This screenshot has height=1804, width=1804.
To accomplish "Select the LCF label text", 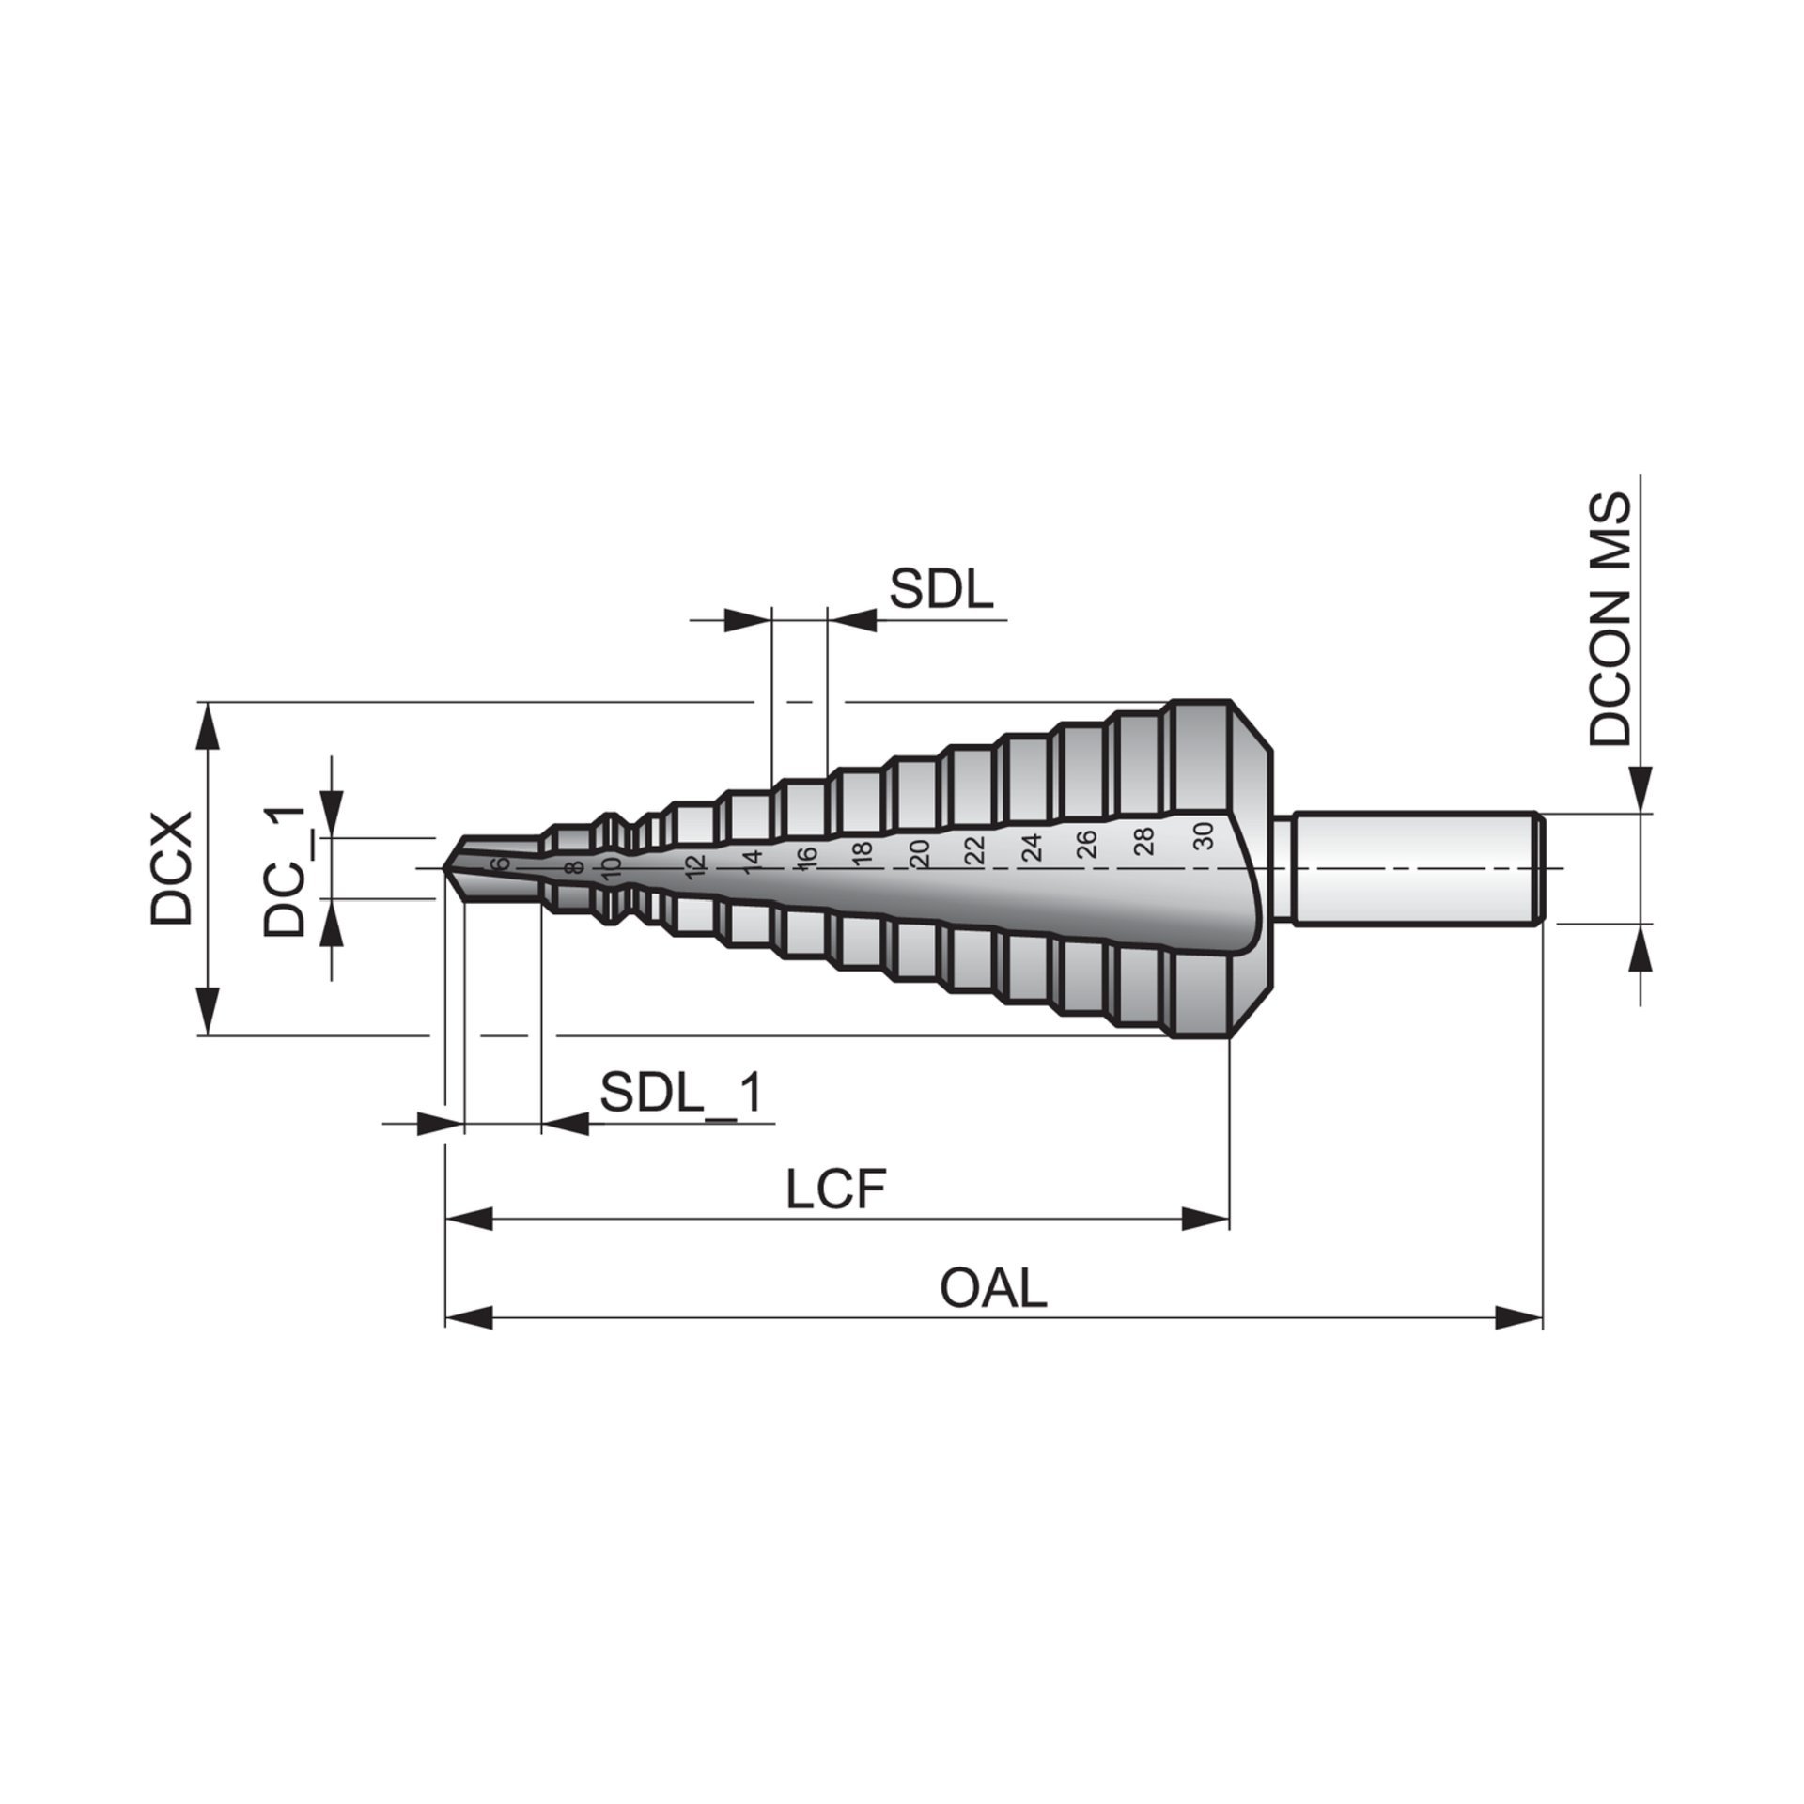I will pyautogui.click(x=836, y=1190).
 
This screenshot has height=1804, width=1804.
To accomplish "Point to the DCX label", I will pyautogui.click(x=172, y=868).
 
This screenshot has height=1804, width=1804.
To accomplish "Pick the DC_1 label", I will pyautogui.click(x=284, y=870).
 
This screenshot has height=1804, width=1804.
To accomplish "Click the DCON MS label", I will pyautogui.click(x=1610, y=619).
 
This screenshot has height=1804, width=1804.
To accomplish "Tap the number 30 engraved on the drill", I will pyautogui.click(x=1204, y=834).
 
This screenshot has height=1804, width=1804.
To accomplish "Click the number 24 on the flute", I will pyautogui.click(x=1033, y=847).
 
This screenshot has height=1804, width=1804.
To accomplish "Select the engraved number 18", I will pyautogui.click(x=863, y=852).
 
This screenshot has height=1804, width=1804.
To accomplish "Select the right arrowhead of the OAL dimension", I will pyautogui.click(x=1518, y=1317).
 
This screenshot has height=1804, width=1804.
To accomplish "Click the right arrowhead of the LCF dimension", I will pyautogui.click(x=1205, y=1219).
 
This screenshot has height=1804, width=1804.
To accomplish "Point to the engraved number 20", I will pyautogui.click(x=920, y=852).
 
